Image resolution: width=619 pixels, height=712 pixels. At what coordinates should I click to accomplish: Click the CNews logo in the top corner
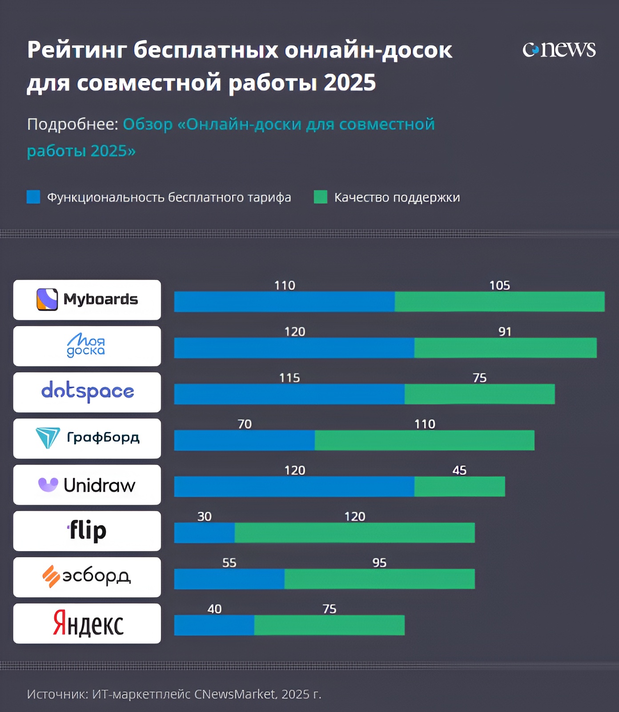[x=559, y=49]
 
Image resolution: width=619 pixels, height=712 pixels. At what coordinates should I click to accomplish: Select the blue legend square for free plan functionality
[x=33, y=197]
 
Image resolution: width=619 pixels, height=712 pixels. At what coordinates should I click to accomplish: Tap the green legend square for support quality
[x=320, y=197]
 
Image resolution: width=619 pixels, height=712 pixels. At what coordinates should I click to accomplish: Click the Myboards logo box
[x=87, y=300]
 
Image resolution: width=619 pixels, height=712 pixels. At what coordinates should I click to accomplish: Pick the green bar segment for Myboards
[x=499, y=302]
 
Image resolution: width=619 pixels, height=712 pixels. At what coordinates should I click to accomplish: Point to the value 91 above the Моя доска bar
[x=505, y=332]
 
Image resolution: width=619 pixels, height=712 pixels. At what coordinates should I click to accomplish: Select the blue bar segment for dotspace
[x=289, y=394]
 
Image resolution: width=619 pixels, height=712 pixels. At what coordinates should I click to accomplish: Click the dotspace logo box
[x=87, y=392]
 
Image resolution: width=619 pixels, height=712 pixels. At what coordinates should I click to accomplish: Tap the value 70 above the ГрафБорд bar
[x=245, y=424]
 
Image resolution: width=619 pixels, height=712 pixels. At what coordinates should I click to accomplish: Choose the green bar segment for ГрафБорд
[x=424, y=440]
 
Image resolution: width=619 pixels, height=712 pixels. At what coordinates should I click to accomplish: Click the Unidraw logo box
[x=87, y=484]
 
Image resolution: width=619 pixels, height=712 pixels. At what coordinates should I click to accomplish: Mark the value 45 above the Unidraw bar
[x=459, y=470]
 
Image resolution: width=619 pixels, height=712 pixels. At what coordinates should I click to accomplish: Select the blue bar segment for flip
[x=204, y=533]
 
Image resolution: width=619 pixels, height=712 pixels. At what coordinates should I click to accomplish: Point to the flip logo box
[x=87, y=531]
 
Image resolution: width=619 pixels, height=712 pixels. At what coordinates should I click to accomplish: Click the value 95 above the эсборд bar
[x=379, y=563]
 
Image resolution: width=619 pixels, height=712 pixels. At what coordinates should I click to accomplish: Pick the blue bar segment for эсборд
[x=229, y=579]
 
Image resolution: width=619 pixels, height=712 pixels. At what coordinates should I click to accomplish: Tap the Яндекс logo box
[x=87, y=623]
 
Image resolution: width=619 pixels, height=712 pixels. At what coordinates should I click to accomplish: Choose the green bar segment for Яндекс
[x=329, y=625]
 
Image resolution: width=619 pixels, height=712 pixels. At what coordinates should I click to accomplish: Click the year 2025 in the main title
[x=350, y=83]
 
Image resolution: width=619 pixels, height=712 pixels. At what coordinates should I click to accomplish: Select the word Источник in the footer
[x=57, y=694]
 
